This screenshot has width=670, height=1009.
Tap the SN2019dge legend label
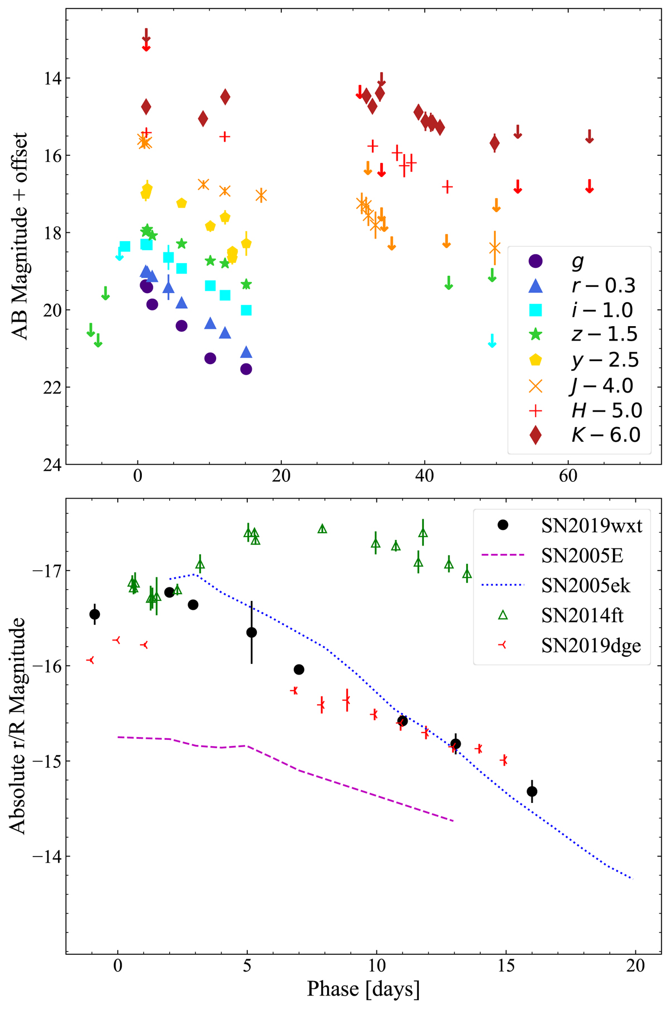pos(591,645)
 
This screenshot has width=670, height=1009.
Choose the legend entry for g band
pos(577,261)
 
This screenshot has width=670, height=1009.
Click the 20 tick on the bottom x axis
pos(635,965)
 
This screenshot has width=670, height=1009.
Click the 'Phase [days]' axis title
pos(363,989)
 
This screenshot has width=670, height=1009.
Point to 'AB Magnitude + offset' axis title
pos(20,236)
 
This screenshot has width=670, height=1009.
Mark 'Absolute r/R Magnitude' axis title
pos(18,726)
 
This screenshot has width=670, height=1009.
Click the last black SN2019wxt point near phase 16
pos(532,791)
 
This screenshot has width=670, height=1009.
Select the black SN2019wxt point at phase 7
pos(299,670)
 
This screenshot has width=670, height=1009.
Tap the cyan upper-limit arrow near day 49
pos(492,341)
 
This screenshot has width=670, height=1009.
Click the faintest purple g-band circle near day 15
pos(246,369)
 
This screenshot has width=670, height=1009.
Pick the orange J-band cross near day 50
pos(495,247)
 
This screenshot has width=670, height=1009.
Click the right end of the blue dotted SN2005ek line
pos(633,879)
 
